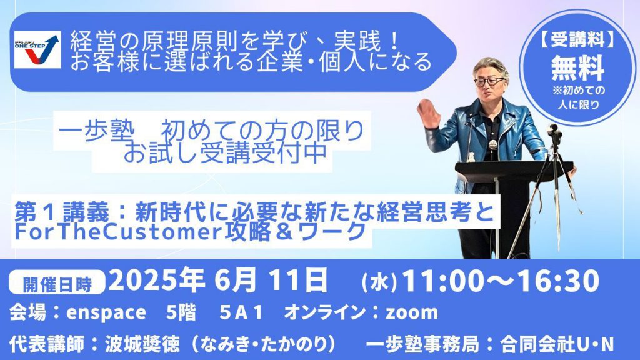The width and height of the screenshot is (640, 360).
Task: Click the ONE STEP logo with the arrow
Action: click(37, 49)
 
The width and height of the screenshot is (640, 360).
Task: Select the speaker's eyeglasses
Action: click(489, 81)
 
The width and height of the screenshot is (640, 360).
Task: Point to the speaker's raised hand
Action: click(428, 112)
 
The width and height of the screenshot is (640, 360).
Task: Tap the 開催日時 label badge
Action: click(57, 284)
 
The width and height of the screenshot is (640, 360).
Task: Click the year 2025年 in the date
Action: click(157, 281)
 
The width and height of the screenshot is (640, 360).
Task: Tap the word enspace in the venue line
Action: click(106, 313)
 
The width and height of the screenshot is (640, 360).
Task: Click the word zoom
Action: click(412, 312)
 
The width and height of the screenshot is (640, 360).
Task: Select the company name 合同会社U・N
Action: click(557, 344)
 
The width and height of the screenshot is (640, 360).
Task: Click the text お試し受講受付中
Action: click(225, 152)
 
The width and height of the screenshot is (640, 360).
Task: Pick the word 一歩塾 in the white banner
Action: click(96, 131)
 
